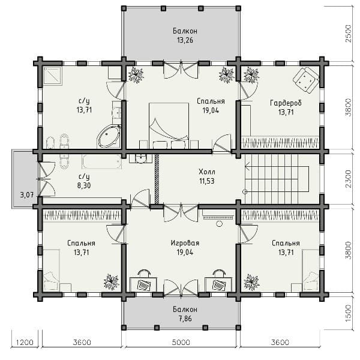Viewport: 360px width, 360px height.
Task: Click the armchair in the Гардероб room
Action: pyautogui.click(x=306, y=80)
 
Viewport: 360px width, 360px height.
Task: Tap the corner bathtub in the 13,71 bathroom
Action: pyautogui.click(x=109, y=136)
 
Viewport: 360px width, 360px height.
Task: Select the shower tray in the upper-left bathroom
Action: pyautogui.click(x=52, y=76)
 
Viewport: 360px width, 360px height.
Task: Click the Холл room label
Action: pyautogui.click(x=206, y=172)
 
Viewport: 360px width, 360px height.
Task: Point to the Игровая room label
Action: pyautogui.click(x=185, y=243)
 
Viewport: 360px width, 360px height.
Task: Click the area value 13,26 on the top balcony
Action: pyautogui.click(x=185, y=40)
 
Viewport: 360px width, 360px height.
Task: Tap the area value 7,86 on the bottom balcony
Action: pyautogui.click(x=185, y=319)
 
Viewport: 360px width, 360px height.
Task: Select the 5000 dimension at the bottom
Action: pyautogui.click(x=181, y=343)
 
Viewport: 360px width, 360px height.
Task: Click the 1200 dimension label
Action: pyautogui.click(x=25, y=343)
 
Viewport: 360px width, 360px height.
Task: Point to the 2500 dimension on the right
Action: pyautogui.click(x=348, y=34)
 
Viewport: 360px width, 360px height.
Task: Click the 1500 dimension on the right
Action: pyautogui.click(x=348, y=313)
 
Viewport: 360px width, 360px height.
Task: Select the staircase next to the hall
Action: pyautogui.click(x=277, y=179)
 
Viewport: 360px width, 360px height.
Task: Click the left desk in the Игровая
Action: pyautogui.click(x=143, y=284)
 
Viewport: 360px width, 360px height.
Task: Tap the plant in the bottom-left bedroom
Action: pyautogui.click(x=112, y=281)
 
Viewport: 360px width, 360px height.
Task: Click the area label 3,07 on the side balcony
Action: pyautogui.click(x=27, y=195)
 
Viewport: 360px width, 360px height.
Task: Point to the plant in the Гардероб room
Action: pyautogui.click(x=251, y=74)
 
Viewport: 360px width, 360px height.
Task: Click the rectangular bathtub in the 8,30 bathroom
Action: pyautogui.click(x=101, y=161)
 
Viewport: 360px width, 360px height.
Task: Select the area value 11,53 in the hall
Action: pyautogui.click(x=206, y=181)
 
